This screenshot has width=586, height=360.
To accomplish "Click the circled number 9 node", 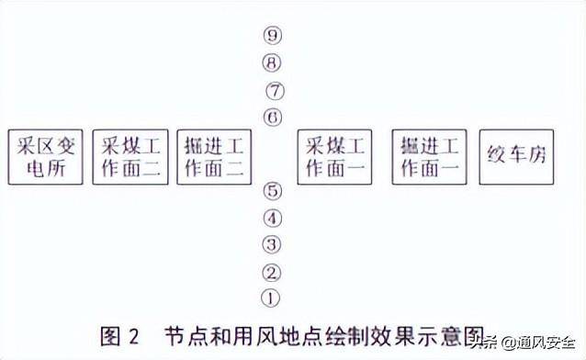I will pos(271,37).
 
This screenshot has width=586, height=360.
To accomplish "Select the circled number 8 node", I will pos(271,63).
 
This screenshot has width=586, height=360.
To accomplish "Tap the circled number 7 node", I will pos(274,92).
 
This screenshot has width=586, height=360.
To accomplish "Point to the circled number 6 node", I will pos(271,118).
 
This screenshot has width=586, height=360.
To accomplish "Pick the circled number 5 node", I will pos(271,192).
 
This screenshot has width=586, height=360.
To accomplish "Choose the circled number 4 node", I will pos(271,219).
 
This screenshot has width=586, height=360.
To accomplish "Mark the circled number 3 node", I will pos(271,244).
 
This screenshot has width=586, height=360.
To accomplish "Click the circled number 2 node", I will pos(271,272).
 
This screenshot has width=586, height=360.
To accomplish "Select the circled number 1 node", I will pos(270,298).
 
